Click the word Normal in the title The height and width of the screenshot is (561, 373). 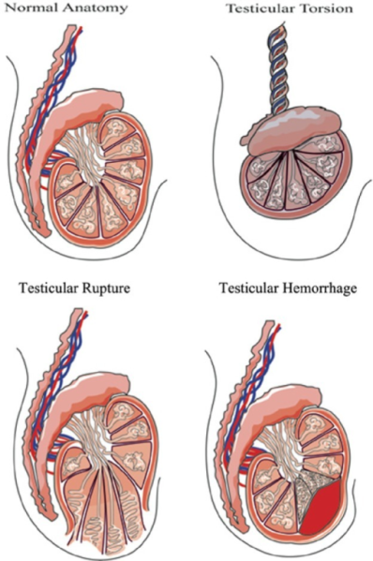click(x=30, y=9)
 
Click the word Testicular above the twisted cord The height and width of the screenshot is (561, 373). click(x=255, y=9)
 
